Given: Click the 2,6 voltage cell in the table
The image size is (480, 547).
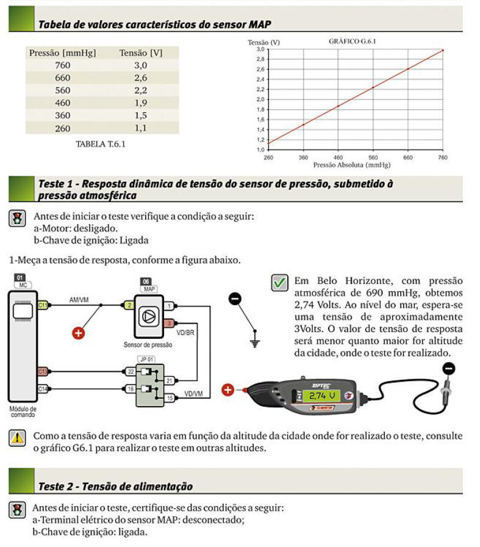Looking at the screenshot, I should (141, 78).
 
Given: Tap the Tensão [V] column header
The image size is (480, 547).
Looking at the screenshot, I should (141, 53).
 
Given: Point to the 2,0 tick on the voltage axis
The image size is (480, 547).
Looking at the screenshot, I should (260, 99).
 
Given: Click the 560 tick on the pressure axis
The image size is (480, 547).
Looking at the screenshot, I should (373, 157).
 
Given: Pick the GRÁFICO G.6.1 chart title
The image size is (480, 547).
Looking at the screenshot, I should (350, 41).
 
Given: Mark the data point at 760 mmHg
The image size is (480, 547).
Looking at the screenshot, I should (443, 49).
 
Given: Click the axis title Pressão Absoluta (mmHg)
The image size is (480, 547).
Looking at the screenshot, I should (351, 165).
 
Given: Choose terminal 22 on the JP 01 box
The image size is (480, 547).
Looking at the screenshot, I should (131, 371).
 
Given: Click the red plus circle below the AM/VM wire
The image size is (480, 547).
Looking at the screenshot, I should (78, 333).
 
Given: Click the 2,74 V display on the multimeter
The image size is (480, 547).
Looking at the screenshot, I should (326, 396).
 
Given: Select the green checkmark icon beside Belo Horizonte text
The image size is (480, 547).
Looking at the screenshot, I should (279, 283).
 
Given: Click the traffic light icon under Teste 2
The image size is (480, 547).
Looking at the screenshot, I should (17, 510).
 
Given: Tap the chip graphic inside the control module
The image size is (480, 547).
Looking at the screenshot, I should (23, 312).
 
